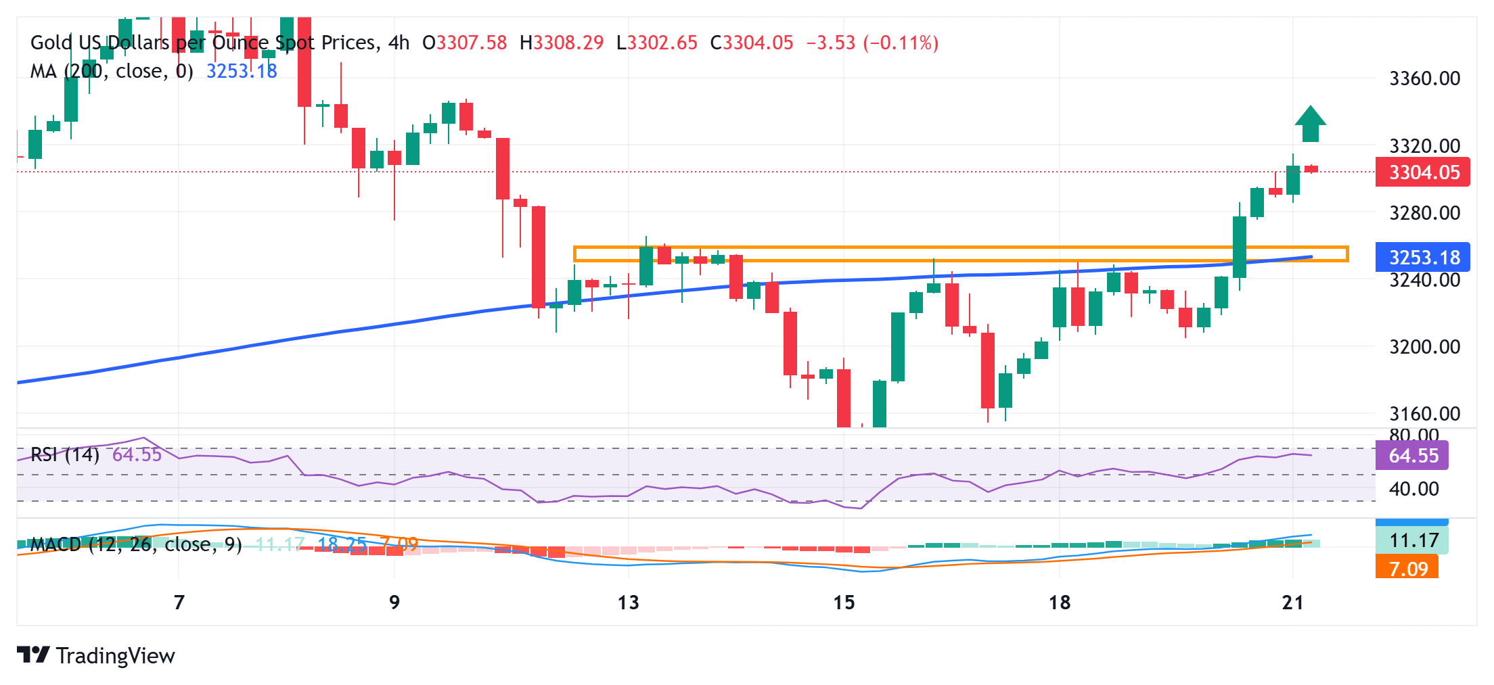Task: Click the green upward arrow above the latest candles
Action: [1310, 124]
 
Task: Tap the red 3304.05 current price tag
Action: [1423, 172]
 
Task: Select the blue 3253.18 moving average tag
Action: [1423, 258]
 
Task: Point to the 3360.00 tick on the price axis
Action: [1424, 78]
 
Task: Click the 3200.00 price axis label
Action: [1424, 347]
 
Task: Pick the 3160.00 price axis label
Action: [1424, 413]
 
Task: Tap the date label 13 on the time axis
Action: [628, 602]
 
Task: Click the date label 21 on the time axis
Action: [1292, 602]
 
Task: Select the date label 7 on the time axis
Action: [179, 602]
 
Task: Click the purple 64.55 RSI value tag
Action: [1413, 456]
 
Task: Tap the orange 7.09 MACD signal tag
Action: [1408, 569]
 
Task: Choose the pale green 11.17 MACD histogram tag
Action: [1413, 541]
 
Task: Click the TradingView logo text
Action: [115, 656]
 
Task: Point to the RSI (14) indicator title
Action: [65, 454]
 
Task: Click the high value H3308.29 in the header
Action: [562, 43]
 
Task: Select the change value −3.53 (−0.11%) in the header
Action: [872, 43]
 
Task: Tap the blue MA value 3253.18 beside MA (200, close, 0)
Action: [242, 71]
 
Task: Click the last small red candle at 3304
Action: [1311, 169]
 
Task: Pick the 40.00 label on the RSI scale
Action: [1414, 489]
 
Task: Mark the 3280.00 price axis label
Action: [1424, 213]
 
